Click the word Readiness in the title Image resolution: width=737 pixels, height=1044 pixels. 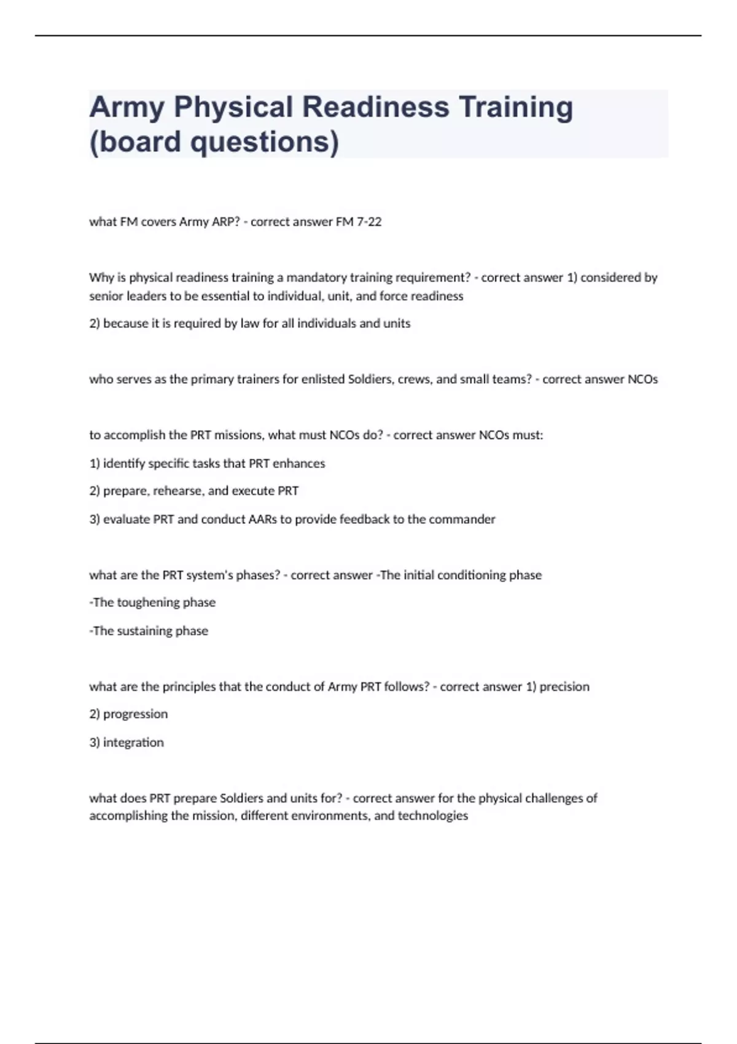pyautogui.click(x=376, y=107)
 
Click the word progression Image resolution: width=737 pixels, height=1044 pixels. pyautogui.click(x=135, y=714)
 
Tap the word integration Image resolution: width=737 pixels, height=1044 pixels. pyautogui.click(x=133, y=742)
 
